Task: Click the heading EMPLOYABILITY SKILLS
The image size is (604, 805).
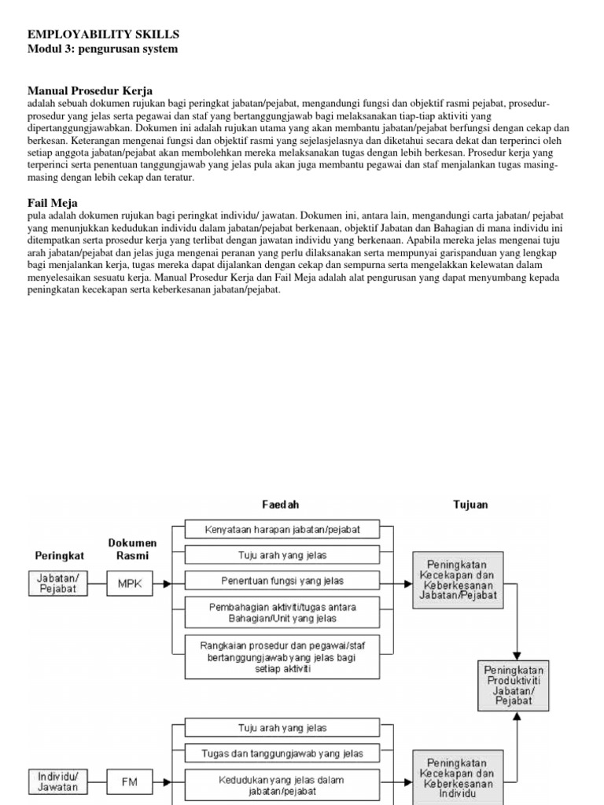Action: pyautogui.click(x=104, y=35)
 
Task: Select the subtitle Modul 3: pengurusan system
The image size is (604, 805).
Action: pyautogui.click(x=102, y=49)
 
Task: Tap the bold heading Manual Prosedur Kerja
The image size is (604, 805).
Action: pyautogui.click(x=90, y=90)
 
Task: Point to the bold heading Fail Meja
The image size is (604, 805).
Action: pyautogui.click(x=53, y=203)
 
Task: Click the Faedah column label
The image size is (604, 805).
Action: pyautogui.click(x=280, y=504)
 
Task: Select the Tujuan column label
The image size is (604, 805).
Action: pyautogui.click(x=470, y=504)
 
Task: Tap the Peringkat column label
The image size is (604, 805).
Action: pyautogui.click(x=58, y=555)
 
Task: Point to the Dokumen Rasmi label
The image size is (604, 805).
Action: pyautogui.click(x=131, y=549)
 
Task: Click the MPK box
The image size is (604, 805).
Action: pyautogui.click(x=130, y=583)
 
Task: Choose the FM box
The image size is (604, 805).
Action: pyautogui.click(x=130, y=782)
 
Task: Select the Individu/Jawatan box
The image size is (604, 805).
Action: pyautogui.click(x=58, y=781)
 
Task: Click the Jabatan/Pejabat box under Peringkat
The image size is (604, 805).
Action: pyautogui.click(x=58, y=583)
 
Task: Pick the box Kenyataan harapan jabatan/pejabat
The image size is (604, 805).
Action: pyautogui.click(x=283, y=529)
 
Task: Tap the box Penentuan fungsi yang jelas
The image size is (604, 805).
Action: pyautogui.click(x=283, y=582)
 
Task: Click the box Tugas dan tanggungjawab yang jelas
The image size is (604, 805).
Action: pyautogui.click(x=283, y=754)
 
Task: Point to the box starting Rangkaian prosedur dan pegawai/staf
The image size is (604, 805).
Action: pyautogui.click(x=283, y=656)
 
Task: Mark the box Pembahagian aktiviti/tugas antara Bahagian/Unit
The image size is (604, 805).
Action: pyautogui.click(x=283, y=613)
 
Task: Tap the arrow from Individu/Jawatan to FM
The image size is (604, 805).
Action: pyautogui.click(x=98, y=782)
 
